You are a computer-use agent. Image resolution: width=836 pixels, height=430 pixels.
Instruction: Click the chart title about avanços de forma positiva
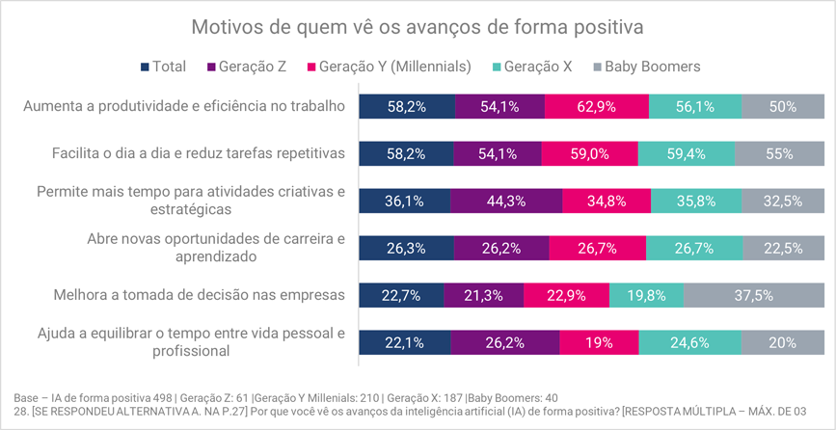418,26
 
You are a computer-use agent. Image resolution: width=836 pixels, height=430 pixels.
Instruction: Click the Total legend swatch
146,67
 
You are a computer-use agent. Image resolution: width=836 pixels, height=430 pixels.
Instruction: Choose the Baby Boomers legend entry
646,67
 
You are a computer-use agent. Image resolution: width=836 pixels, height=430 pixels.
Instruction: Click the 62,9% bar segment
597,107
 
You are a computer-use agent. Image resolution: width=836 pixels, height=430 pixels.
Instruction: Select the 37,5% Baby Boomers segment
754,296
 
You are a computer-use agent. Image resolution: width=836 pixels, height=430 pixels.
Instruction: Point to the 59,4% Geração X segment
687,154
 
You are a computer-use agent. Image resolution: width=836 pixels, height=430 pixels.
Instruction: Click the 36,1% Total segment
404,202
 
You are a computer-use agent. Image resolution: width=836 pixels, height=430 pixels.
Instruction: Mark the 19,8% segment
647,296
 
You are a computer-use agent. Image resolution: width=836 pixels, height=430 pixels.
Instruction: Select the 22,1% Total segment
404,342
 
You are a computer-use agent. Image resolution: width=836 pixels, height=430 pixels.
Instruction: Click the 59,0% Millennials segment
589,154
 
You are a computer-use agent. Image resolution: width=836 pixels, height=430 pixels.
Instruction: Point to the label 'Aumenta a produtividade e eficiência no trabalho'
184,106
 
